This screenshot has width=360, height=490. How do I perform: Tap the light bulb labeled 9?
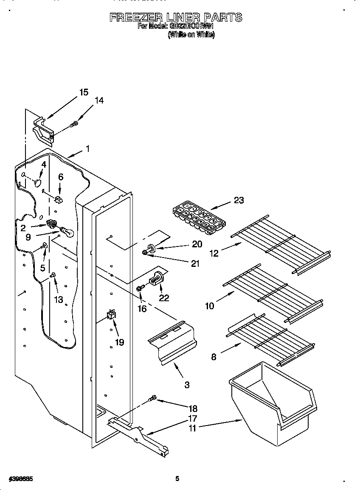[x=66, y=231]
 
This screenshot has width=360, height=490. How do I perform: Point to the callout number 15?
[x=84, y=92]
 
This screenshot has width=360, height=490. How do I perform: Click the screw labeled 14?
[x=74, y=124]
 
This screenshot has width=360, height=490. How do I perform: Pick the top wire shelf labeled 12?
[x=280, y=245]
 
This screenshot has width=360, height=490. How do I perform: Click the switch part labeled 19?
[x=111, y=315]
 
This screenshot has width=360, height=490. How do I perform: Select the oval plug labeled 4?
[x=38, y=183]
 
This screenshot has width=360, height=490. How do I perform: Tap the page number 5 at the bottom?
[x=177, y=479]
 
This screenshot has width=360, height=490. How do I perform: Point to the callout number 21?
[x=195, y=263]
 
